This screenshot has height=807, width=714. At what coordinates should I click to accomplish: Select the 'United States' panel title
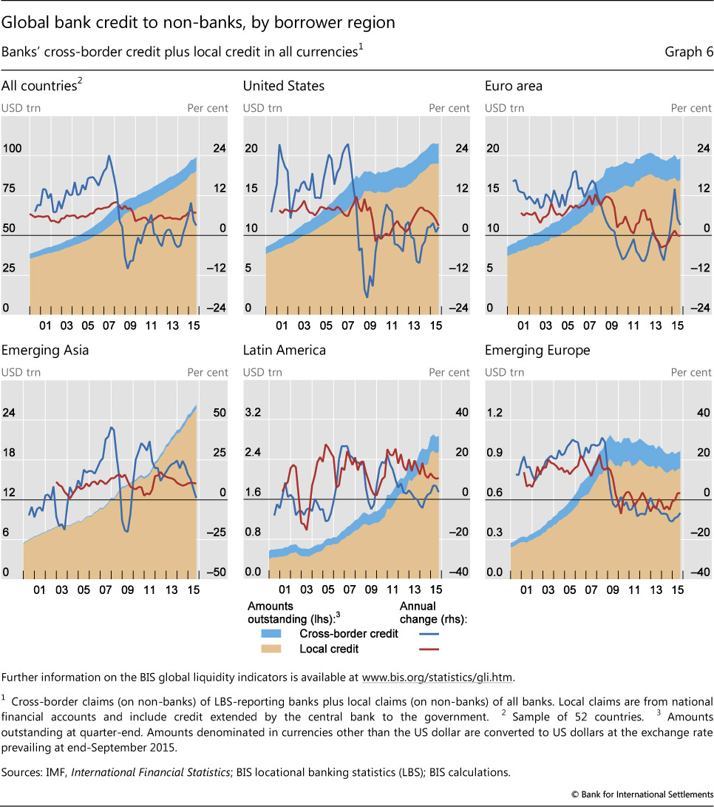(x=283, y=86)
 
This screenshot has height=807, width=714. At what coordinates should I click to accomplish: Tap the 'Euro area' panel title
(x=514, y=86)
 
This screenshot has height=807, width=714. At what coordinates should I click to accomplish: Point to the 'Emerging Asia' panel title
(x=45, y=351)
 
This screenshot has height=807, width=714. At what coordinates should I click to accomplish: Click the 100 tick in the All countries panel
(x=12, y=149)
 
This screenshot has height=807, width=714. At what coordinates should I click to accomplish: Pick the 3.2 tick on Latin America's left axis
(x=253, y=413)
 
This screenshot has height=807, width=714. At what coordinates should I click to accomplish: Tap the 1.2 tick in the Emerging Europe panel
(x=494, y=413)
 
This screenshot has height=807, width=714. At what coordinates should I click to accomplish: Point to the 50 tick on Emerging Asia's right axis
(x=219, y=413)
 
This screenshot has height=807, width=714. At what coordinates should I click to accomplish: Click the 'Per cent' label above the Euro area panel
(x=690, y=108)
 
